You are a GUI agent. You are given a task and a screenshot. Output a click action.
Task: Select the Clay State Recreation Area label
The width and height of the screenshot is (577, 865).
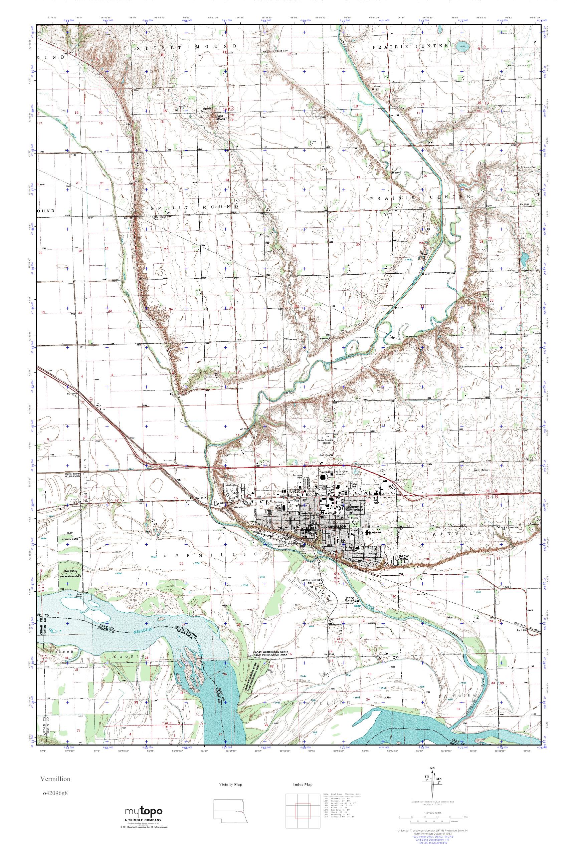tap(72, 572)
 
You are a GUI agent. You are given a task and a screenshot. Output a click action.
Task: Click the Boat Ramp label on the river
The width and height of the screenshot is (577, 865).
tap(79, 595)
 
